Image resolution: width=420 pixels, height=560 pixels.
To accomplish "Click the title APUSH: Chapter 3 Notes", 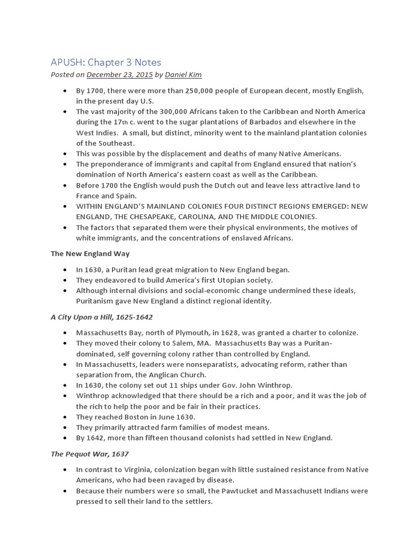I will (106, 62).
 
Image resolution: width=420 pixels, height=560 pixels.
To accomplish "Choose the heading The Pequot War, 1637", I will (89, 453).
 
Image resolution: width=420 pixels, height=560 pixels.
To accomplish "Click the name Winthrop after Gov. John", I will (276, 385).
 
